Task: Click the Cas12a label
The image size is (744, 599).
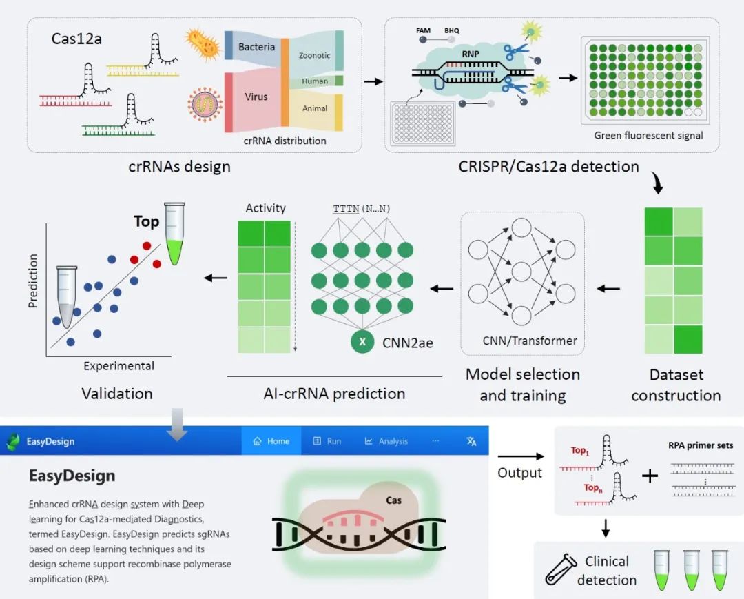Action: pyautogui.click(x=76, y=39)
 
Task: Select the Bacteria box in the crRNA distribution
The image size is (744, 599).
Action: pyautogui.click(x=256, y=47)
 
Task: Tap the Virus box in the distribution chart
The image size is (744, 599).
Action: pyautogui.click(x=256, y=97)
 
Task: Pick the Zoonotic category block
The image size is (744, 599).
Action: pyautogui.click(x=314, y=55)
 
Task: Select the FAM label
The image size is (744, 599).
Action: pyautogui.click(x=424, y=31)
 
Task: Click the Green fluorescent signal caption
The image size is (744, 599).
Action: pyautogui.click(x=648, y=136)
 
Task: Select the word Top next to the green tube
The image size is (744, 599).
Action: pyautogui.click(x=147, y=221)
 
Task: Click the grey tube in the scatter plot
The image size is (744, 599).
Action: pyautogui.click(x=68, y=297)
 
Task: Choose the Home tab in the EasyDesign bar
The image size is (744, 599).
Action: pyautogui.click(x=271, y=441)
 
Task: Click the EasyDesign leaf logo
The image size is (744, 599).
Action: pyautogui.click(x=13, y=441)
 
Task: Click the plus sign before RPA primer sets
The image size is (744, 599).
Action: pyautogui.click(x=649, y=476)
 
